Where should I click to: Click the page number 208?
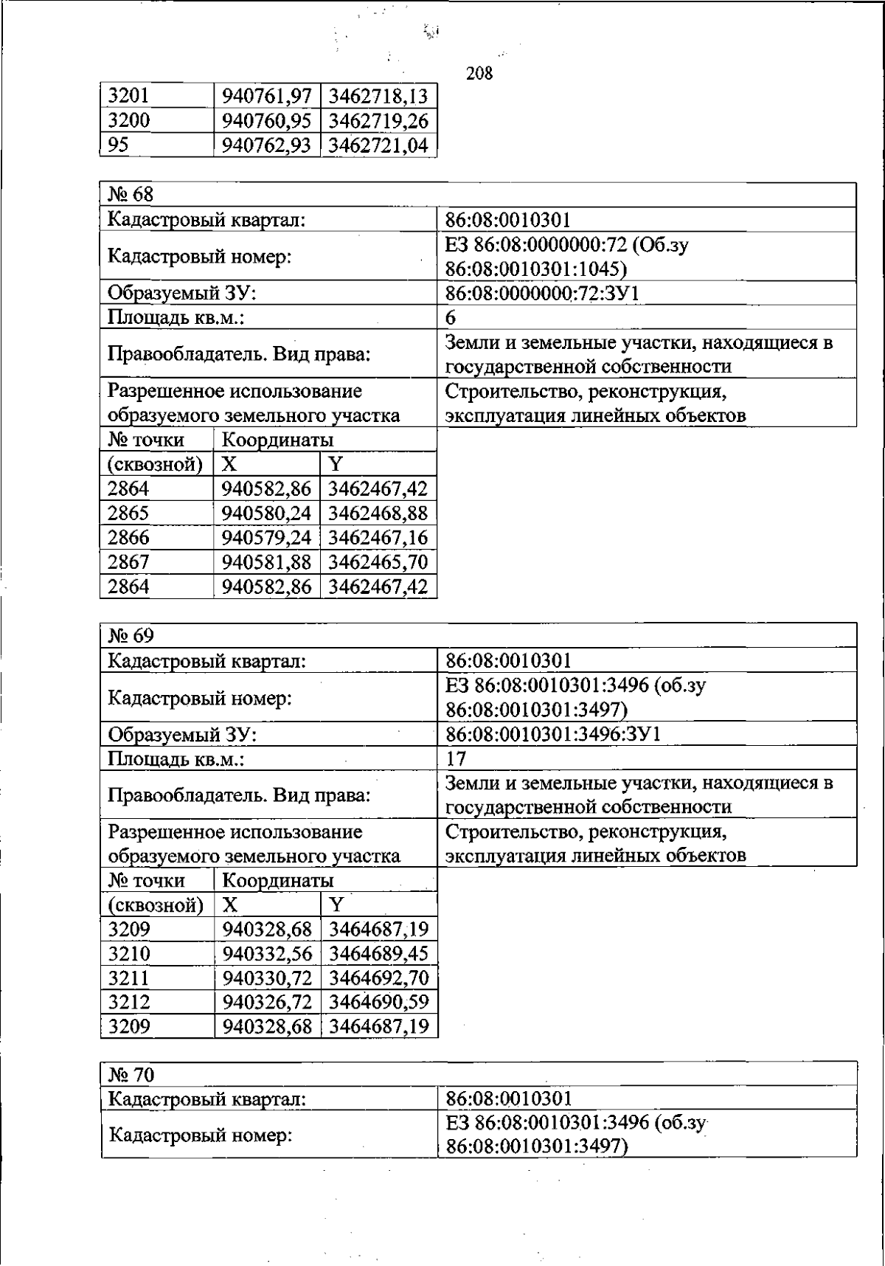[x=479, y=74]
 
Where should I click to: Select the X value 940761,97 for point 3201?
[x=267, y=97]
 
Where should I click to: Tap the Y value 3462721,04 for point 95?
[x=378, y=145]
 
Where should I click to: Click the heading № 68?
[x=131, y=195]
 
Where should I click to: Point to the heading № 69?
[x=131, y=635]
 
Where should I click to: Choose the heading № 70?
[x=131, y=1074]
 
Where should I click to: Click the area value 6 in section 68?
[x=451, y=318]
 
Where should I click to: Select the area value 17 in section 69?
[x=456, y=758]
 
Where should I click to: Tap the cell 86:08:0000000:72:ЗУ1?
[x=542, y=294]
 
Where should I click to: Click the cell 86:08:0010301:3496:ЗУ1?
[x=553, y=734]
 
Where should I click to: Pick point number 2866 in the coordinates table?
[x=128, y=538]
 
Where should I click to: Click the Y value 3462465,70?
[x=378, y=562]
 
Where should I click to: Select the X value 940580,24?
[x=267, y=513]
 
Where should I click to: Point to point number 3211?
[x=129, y=978]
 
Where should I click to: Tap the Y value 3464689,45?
[x=378, y=954]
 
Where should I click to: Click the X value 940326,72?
[x=268, y=1003]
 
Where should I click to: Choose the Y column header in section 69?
[x=336, y=904]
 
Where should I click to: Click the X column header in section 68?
[x=229, y=464]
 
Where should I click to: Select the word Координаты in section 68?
[x=277, y=440]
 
